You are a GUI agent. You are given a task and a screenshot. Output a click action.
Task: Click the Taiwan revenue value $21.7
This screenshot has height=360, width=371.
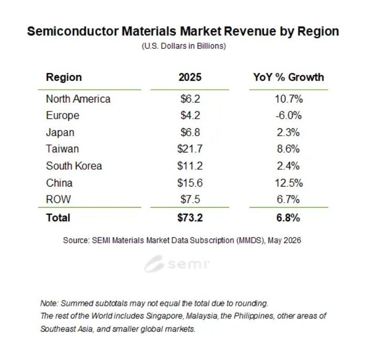190,149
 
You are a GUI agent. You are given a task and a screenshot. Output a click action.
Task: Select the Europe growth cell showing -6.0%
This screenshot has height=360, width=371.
288,116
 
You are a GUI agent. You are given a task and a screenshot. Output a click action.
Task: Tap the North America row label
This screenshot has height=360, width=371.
78,99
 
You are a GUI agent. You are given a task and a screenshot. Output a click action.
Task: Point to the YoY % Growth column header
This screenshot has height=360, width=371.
288,77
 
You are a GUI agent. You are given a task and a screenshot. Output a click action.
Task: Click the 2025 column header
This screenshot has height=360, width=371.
190,77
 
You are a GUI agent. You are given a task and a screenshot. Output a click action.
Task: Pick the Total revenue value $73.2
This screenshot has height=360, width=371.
190,218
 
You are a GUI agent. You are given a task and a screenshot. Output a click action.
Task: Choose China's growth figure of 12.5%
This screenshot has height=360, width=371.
288,183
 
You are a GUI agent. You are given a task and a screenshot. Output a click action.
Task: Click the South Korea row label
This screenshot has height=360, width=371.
74,166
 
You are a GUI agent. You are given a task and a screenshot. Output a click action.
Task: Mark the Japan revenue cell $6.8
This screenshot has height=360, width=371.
190,132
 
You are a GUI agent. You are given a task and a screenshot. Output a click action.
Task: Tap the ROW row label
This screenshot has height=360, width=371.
58,199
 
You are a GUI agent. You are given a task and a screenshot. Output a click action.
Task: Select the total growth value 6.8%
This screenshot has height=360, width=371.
288,218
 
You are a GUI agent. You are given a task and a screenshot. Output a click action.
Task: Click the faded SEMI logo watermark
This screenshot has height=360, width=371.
177,263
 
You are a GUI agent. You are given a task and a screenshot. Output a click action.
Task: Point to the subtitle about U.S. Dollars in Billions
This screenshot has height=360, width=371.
184,46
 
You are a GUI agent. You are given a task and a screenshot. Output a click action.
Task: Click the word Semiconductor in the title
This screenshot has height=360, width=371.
73,31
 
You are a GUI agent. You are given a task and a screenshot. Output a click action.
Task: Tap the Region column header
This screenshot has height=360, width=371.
64,77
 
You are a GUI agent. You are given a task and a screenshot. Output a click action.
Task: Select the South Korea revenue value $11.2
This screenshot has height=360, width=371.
190,166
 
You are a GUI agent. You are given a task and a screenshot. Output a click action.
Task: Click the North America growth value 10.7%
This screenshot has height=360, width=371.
288,99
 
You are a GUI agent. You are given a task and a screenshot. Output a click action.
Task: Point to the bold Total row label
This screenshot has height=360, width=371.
58,218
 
